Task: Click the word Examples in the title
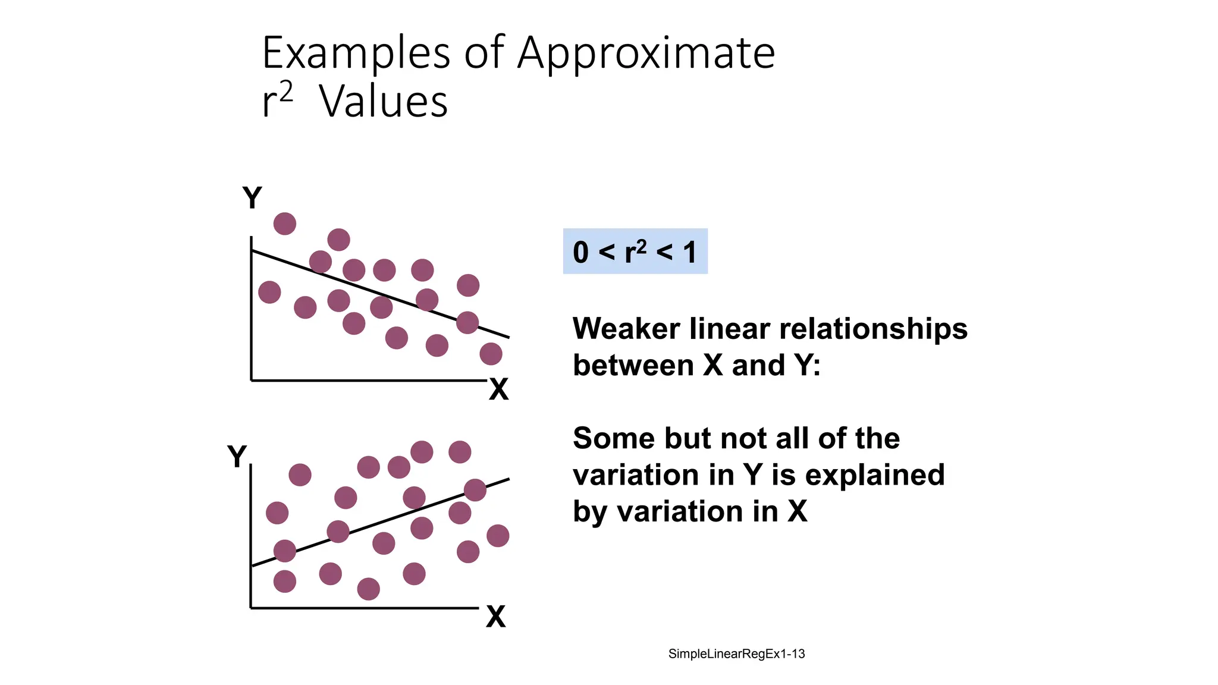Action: pyautogui.click(x=356, y=54)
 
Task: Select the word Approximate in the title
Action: pyautogui.click(x=646, y=54)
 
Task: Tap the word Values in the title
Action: pyautogui.click(x=384, y=102)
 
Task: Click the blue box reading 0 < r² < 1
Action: pyautogui.click(x=635, y=251)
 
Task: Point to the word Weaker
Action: pyautogui.click(x=626, y=328)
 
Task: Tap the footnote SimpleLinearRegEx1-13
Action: pyautogui.click(x=736, y=653)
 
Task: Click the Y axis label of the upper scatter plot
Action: pyautogui.click(x=252, y=197)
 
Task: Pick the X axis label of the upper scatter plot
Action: pyautogui.click(x=498, y=390)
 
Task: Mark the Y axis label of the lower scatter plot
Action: pyautogui.click(x=237, y=457)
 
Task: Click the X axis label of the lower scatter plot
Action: pyautogui.click(x=495, y=617)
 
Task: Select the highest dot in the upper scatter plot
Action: pyautogui.click(x=285, y=224)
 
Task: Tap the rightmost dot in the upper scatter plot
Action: pyautogui.click(x=491, y=354)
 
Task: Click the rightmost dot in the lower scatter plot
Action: pyautogui.click(x=498, y=536)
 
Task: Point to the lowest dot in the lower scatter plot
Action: pyautogui.click(x=368, y=589)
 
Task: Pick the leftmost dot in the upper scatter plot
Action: pyautogui.click(x=269, y=292)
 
